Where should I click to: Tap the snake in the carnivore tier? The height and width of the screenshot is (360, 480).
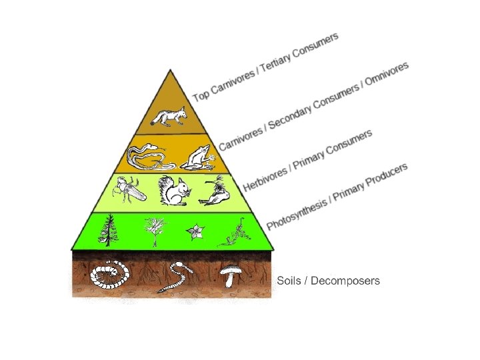[146, 157]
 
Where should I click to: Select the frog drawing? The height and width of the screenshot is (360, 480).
[199, 157]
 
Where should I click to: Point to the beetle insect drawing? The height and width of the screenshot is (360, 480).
[130, 191]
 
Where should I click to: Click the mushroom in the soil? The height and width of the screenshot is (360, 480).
[230, 274]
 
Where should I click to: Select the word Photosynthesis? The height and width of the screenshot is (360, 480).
[297, 213]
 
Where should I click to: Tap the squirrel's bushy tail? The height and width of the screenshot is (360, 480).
[165, 191]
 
